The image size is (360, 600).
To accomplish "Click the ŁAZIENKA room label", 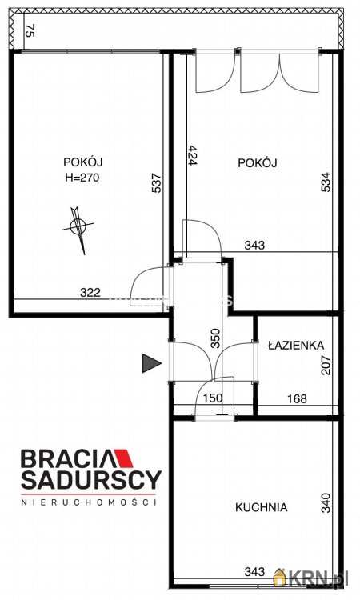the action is coord(296,345).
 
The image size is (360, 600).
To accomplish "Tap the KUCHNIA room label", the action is coord(262,507).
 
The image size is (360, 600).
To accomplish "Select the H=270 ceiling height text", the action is coord(82,178).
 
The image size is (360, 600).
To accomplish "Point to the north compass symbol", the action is coord(78,229).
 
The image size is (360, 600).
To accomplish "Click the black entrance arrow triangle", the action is coord(152,363).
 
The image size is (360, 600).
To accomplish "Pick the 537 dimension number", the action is coord(158,183).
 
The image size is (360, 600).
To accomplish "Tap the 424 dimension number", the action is coord(192,155).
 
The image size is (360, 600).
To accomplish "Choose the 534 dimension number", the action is coord(326,182).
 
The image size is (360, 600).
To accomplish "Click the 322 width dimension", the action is coord(90,293).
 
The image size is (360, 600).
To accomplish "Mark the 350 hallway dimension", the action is coord(216,338).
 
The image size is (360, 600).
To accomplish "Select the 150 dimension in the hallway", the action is coord(213,398).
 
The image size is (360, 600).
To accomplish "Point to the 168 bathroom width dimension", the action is coord(297,398).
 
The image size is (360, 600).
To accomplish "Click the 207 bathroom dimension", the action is coord(326,365).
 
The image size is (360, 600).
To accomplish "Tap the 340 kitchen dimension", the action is coord(326,503).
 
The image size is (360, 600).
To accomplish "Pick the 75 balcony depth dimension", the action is coord(30,30).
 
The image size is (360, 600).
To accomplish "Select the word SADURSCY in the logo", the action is coord(91,480).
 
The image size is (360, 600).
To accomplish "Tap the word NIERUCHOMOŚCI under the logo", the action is coord(88,502).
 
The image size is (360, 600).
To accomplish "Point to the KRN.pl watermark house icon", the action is coord(281,577).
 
